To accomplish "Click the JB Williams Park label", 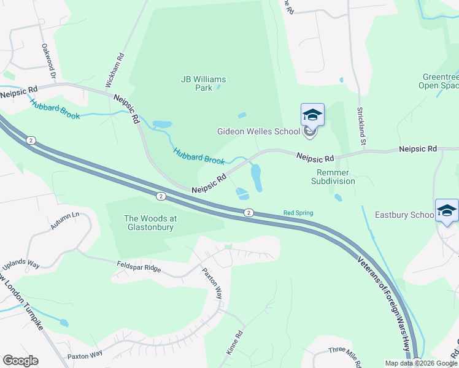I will pyautogui.click(x=203, y=83).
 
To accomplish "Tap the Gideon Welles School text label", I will pyautogui.click(x=258, y=131).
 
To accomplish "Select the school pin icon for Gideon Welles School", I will pyautogui.click(x=312, y=115).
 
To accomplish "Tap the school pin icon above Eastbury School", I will pyautogui.click(x=447, y=211).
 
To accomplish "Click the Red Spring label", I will pyautogui.click(x=298, y=213).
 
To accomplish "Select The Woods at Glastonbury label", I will pyautogui.click(x=149, y=223).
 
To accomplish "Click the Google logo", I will pyautogui.click(x=20, y=360).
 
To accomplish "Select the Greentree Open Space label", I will pyautogui.click(x=440, y=82).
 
